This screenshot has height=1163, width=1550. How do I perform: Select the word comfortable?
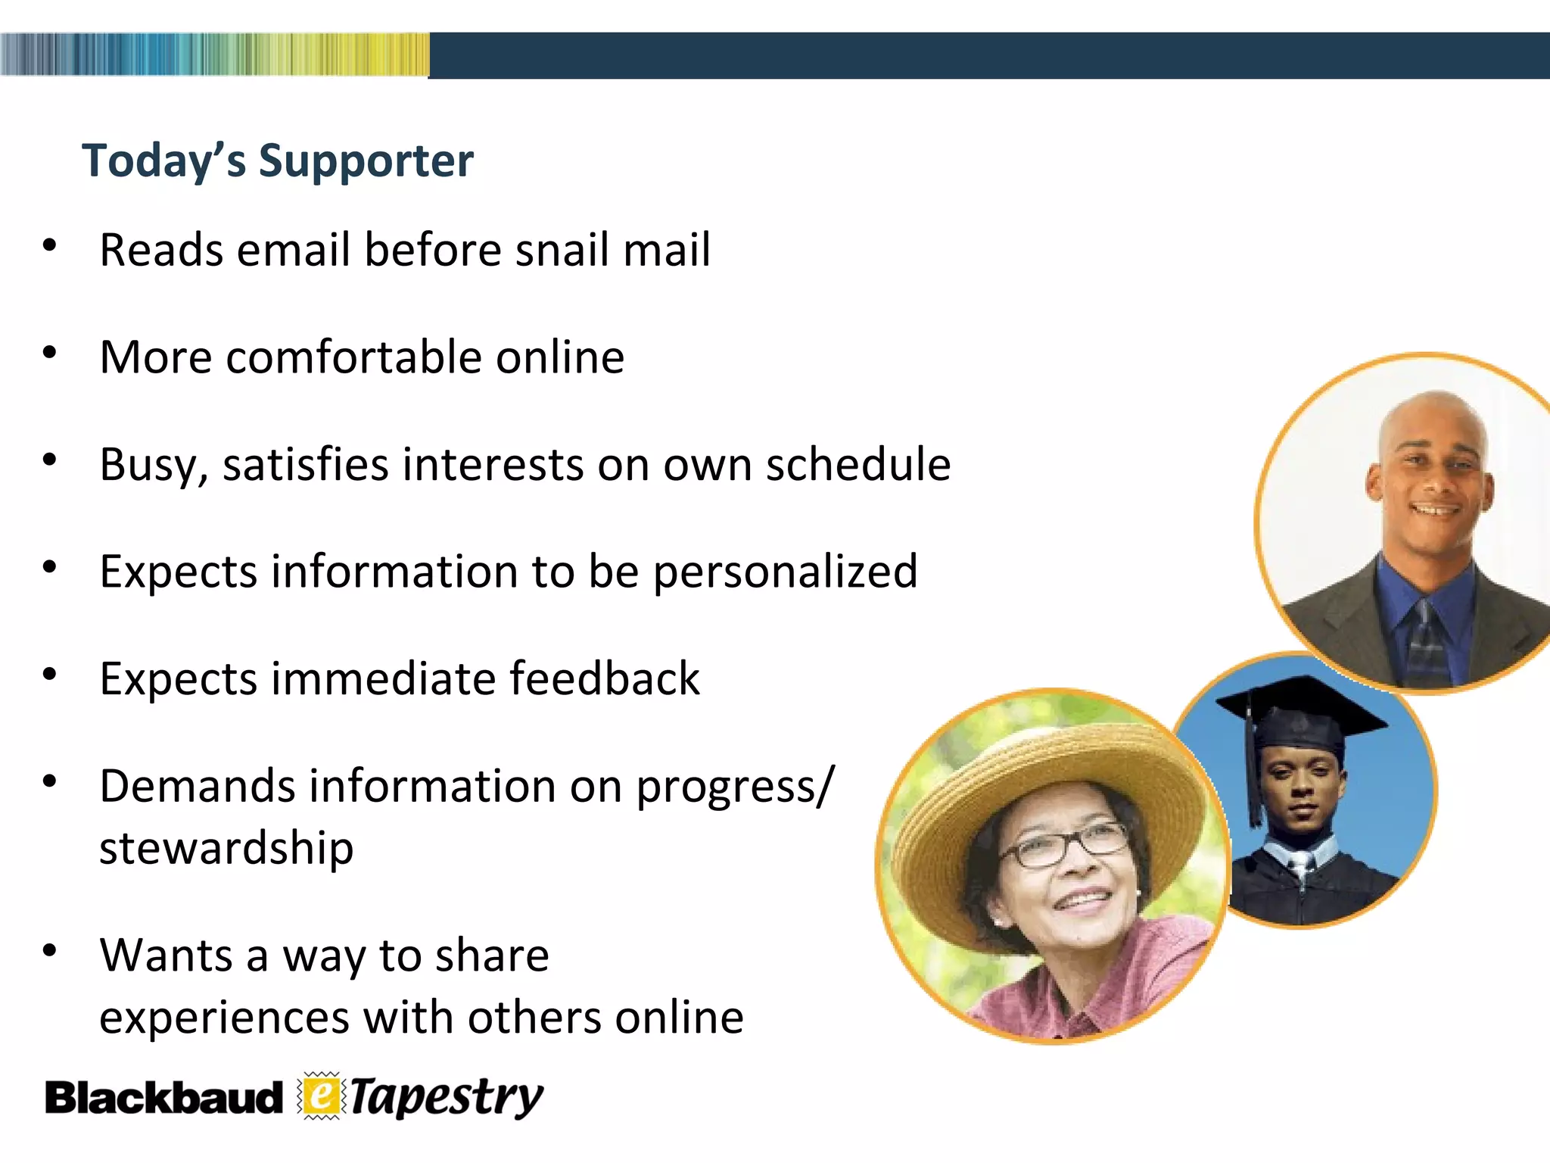[x=353, y=357]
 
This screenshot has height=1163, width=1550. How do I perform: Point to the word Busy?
[x=150, y=465]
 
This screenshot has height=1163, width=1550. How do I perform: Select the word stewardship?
[x=226, y=849]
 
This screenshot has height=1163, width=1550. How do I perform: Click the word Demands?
[x=197, y=786]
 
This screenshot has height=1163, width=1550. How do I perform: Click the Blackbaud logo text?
[x=163, y=1098]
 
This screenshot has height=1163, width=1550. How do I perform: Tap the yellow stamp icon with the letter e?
[x=322, y=1096]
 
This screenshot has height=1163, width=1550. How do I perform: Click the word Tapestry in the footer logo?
[x=447, y=1096]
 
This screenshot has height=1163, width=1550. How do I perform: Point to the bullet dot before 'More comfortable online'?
[x=50, y=352]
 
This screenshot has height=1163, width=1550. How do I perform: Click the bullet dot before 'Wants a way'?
[x=50, y=950]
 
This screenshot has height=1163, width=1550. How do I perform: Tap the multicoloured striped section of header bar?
[x=214, y=55]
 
